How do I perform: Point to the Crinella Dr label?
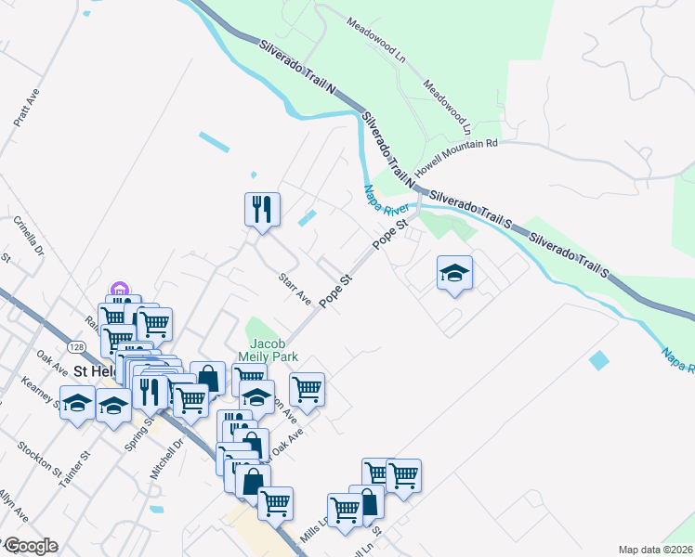pyautogui.click(x=28, y=236)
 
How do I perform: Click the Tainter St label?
pyautogui.click(x=74, y=468)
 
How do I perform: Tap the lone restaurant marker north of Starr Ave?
pyautogui.click(x=262, y=208)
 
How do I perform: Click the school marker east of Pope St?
pyautogui.click(x=454, y=273)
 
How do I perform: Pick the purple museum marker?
pyautogui.click(x=119, y=291)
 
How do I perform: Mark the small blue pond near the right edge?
pyautogui.click(x=600, y=359)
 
